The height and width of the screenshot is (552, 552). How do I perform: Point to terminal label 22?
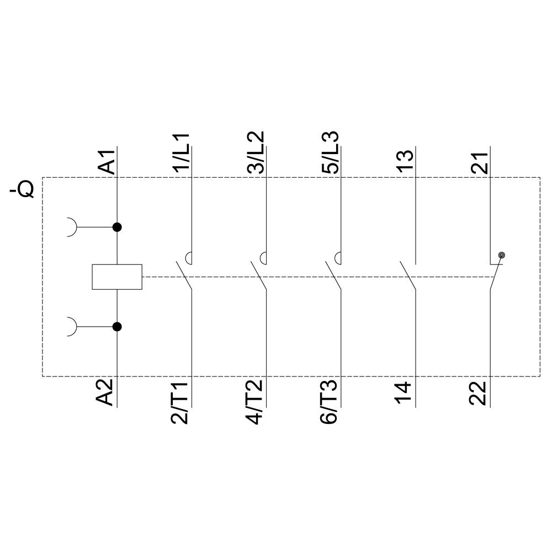click(480, 393)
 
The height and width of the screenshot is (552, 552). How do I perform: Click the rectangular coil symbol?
click(117, 277)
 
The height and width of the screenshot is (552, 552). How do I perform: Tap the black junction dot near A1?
click(117, 227)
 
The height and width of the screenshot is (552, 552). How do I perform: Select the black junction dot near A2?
click(117, 327)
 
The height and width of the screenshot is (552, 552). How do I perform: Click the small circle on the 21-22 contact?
click(501, 255)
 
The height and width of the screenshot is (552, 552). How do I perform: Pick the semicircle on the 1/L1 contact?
click(188, 257)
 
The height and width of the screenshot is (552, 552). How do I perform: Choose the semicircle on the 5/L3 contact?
click(338, 257)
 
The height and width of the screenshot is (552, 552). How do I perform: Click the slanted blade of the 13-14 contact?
click(408, 275)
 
